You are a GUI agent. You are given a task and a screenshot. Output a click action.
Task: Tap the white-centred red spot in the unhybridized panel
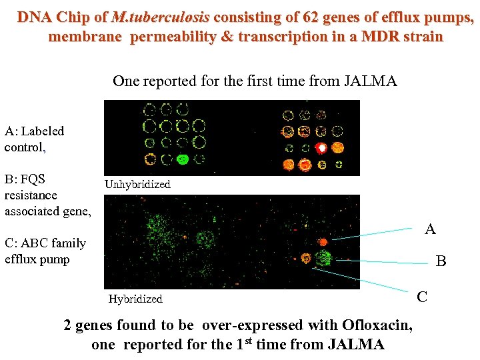[x=322, y=147]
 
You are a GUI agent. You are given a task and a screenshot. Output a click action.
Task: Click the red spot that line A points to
[x=323, y=241]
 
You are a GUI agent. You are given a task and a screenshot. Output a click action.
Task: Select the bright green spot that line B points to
[x=325, y=258]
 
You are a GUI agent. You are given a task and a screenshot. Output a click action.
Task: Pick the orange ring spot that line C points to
[x=307, y=258]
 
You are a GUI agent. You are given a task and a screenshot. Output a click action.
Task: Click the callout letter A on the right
[x=430, y=230]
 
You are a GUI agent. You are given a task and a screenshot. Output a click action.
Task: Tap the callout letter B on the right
[x=441, y=262]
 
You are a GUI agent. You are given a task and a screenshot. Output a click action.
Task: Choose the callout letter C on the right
[x=422, y=297]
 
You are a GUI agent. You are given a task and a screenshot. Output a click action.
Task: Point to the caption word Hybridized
[x=135, y=299]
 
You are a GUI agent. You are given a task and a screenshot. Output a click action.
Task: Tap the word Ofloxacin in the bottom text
[x=377, y=325]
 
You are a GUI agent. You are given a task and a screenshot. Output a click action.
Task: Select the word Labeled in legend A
[x=43, y=131]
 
